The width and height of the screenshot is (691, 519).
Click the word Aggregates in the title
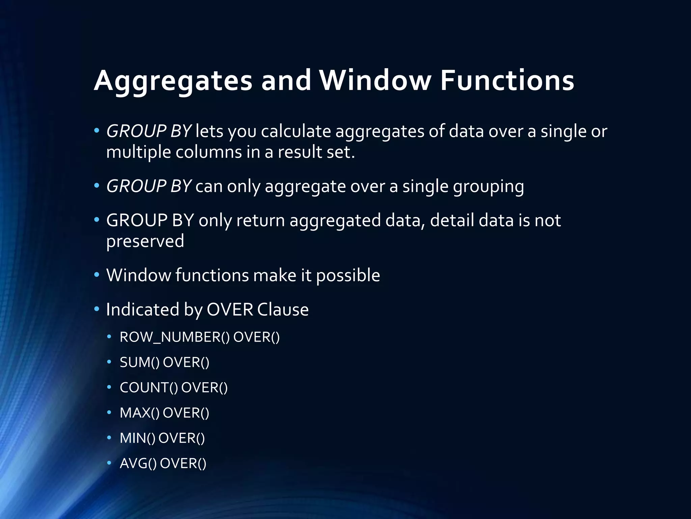pyautogui.click(x=173, y=81)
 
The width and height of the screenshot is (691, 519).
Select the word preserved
pyautogui.click(x=145, y=241)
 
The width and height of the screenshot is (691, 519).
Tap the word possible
pyautogui.click(x=348, y=275)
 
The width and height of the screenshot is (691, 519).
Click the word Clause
pyautogui.click(x=283, y=310)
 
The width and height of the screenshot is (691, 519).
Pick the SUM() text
pyautogui.click(x=139, y=363)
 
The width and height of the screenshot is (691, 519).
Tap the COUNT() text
pyautogui.click(x=149, y=388)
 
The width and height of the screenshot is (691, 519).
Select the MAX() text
pyautogui.click(x=139, y=413)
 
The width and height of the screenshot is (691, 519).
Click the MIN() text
pyautogui.click(x=137, y=438)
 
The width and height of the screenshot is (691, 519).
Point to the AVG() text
pyautogui.click(x=138, y=464)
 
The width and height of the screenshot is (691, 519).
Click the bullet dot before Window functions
pyautogui.click(x=97, y=275)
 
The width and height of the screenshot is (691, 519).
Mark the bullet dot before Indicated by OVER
pyautogui.click(x=97, y=309)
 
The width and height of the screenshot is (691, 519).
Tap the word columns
pyautogui.click(x=209, y=152)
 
